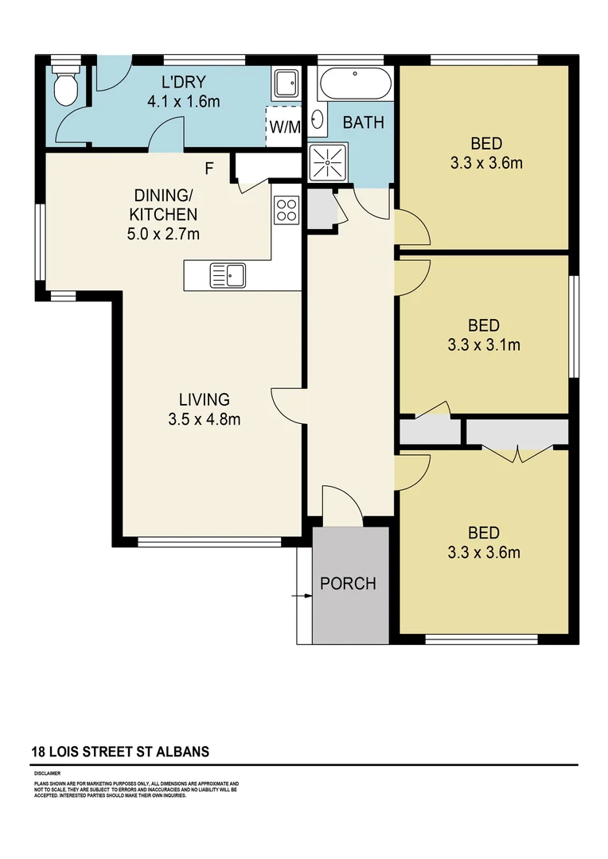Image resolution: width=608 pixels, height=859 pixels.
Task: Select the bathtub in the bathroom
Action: pyautogui.click(x=354, y=83)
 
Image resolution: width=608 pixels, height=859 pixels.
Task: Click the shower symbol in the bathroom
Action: pyautogui.click(x=326, y=163)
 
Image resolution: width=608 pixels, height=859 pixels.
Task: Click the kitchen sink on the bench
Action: pyautogui.click(x=228, y=276)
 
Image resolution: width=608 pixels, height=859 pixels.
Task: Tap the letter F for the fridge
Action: pyautogui.click(x=209, y=169)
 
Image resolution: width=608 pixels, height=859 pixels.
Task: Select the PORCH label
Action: pyautogui.click(x=348, y=584)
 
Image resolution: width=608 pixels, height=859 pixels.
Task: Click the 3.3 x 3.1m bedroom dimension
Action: pyautogui.click(x=484, y=345)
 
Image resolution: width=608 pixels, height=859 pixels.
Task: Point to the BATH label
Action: pyautogui.click(x=363, y=123)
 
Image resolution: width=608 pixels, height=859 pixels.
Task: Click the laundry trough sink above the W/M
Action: pyautogui.click(x=285, y=82)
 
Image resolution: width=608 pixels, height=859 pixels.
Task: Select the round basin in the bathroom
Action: pyautogui.click(x=318, y=120)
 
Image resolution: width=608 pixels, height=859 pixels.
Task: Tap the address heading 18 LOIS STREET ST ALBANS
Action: pyautogui.click(x=119, y=752)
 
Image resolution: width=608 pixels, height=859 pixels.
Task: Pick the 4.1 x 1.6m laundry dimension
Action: pyautogui.click(x=183, y=102)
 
